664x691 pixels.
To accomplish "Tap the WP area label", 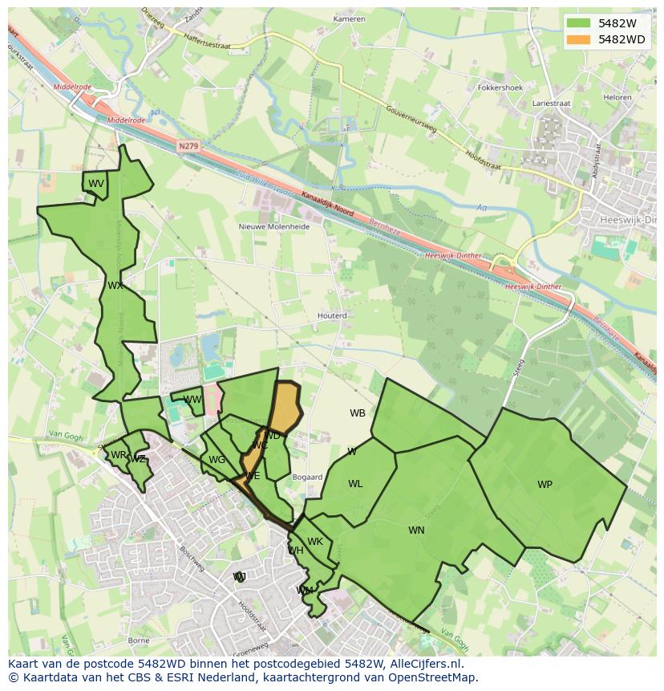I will click(545, 485).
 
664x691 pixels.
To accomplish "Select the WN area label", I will click(416, 530).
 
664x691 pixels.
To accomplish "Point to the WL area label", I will click(355, 484).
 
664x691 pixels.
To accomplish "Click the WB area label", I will click(358, 413).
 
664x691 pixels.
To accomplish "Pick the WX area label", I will click(115, 286).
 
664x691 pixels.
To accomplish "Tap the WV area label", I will click(96, 184).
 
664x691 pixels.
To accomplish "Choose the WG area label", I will click(217, 460).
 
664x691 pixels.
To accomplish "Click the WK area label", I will click(315, 542).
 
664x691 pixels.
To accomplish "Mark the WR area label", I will click(119, 455).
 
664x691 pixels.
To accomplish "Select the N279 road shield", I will click(188, 146).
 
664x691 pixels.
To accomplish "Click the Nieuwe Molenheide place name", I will click(274, 226).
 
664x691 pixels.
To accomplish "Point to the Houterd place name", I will click(332, 315).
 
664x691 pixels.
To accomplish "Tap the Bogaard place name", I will click(307, 477).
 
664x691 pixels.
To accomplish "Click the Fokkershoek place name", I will click(500, 87).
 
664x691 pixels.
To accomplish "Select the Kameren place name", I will click(349, 18).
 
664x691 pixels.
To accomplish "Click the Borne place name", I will click(139, 640).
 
